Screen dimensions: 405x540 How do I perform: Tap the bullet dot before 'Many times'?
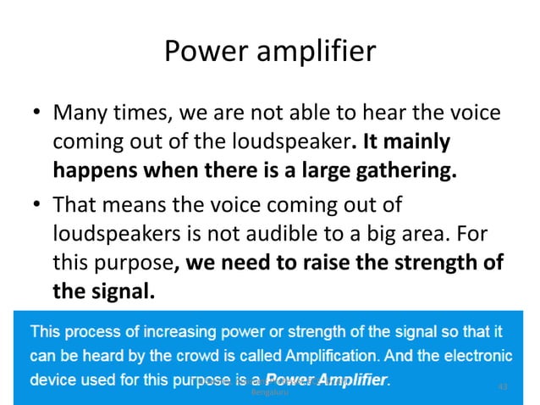pos(36,113)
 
